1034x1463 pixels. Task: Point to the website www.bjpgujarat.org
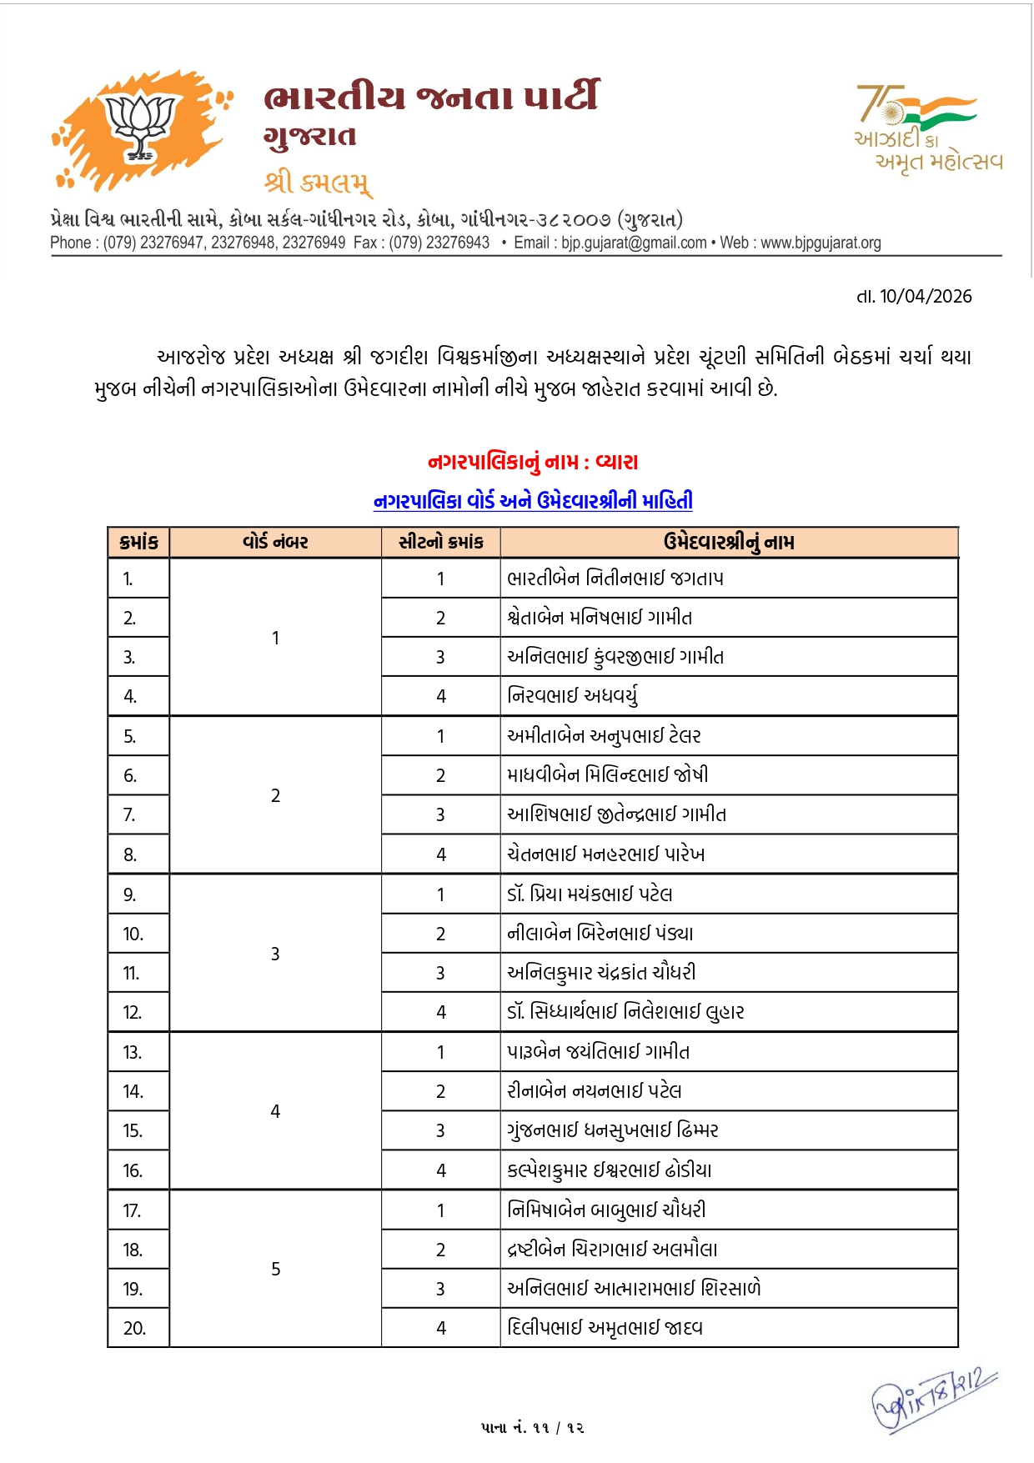[x=821, y=243]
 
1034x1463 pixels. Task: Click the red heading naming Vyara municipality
[x=533, y=462]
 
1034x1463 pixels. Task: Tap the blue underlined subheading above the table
[x=533, y=501]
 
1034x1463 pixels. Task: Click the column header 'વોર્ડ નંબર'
[x=275, y=543]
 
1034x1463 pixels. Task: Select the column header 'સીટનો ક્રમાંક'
[x=440, y=543]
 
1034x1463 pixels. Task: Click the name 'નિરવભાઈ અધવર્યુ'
[x=573, y=696]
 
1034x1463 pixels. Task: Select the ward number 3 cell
[x=275, y=954]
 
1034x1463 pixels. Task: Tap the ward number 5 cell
[x=275, y=1269]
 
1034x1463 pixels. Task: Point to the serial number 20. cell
[x=134, y=1329]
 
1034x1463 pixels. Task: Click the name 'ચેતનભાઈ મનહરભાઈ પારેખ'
[x=606, y=854]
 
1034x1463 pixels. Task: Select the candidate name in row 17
[x=606, y=1210]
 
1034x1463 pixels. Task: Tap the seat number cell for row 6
[x=440, y=776]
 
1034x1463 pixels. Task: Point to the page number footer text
[x=533, y=1428]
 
